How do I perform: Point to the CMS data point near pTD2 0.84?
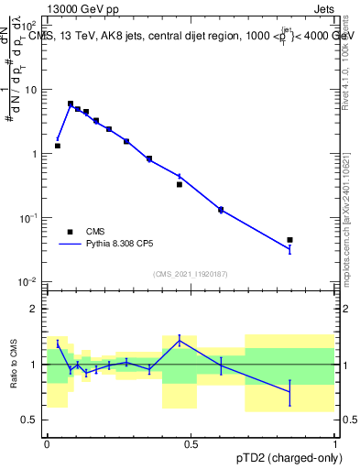pyautogui.click(x=289, y=240)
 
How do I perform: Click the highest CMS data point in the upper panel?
pyautogui.click(x=71, y=104)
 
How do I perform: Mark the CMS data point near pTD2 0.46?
pyautogui.click(x=180, y=184)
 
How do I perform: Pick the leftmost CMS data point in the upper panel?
pyautogui.click(x=58, y=146)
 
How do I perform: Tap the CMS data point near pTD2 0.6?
pyautogui.click(x=221, y=210)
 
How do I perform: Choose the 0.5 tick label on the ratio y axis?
pyautogui.click(x=29, y=420)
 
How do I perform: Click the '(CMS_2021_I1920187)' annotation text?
pyautogui.click(x=191, y=273)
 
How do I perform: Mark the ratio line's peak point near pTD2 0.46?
pyautogui.click(x=180, y=340)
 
